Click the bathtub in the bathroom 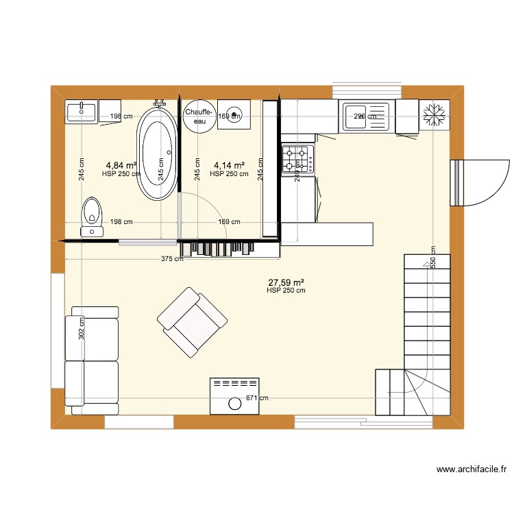pyautogui.click(x=158, y=154)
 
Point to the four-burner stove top pyautogui.click(x=298, y=158)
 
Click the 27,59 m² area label pyautogui.click(x=286, y=282)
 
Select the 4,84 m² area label pyautogui.click(x=121, y=165)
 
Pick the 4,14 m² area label pyautogui.click(x=230, y=165)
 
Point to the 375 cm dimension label pyautogui.click(x=172, y=259)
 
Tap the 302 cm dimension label pyautogui.click(x=82, y=329)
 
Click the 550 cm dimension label pyautogui.click(x=432, y=257)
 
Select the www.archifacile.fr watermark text pyautogui.click(x=472, y=470)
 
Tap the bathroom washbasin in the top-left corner pyautogui.click(x=82, y=110)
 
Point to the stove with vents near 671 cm pyautogui.click(x=235, y=395)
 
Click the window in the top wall pyautogui.click(x=366, y=91)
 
